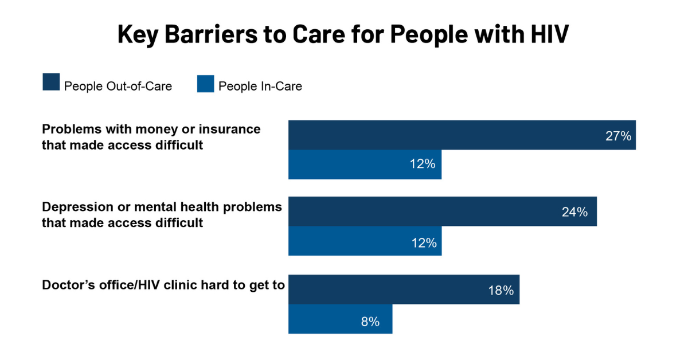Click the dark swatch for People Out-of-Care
point(52,83)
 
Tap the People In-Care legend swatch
point(205,83)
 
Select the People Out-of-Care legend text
point(118,87)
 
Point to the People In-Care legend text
point(260,87)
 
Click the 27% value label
point(618,136)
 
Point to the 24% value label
point(574,212)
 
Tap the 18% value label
point(501,290)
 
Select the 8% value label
point(370,322)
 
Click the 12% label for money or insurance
point(423,164)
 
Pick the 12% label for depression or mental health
point(424,243)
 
